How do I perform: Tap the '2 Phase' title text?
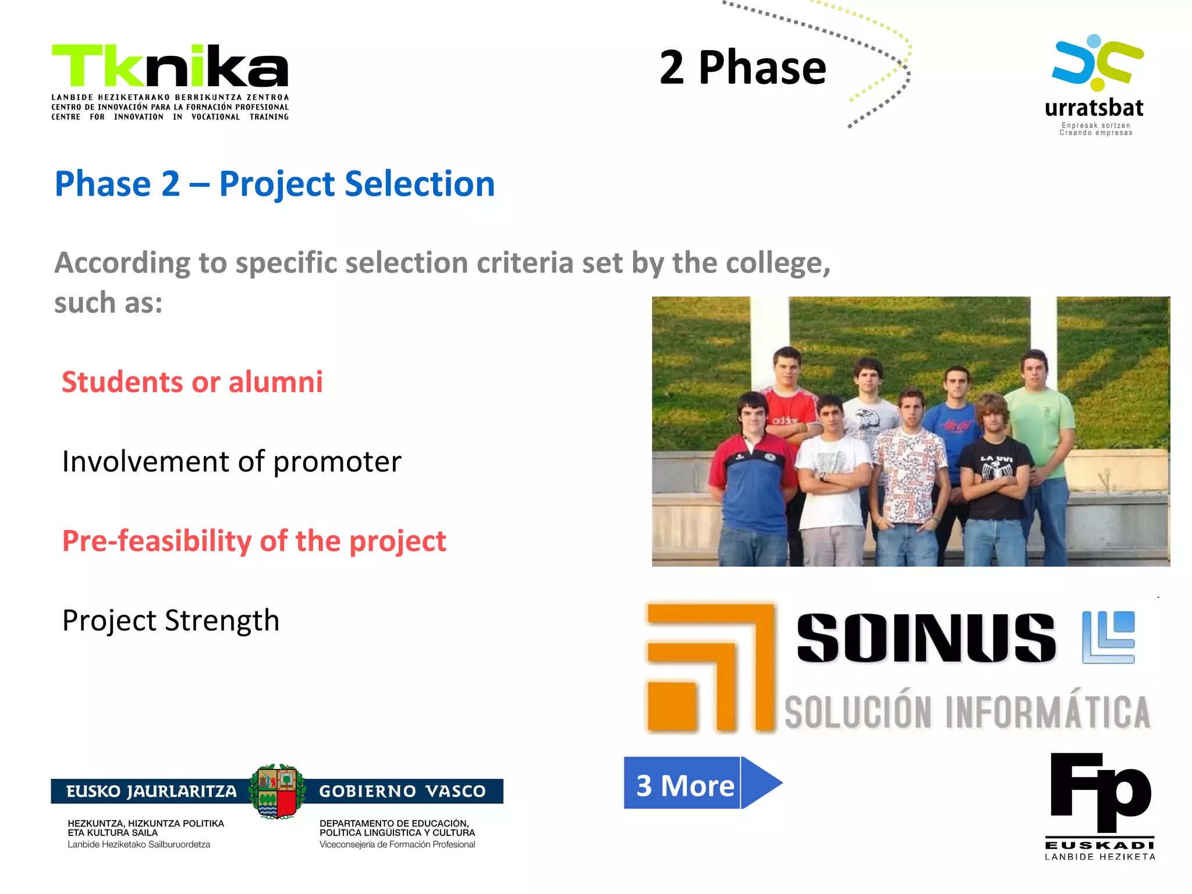[743, 68]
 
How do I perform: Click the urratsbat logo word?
[1094, 108]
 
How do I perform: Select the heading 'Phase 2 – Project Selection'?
[274, 184]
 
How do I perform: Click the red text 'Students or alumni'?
[192, 382]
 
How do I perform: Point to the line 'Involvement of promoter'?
[232, 462]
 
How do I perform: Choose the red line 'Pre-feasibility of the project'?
[254, 541]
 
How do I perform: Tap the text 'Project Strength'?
[171, 620]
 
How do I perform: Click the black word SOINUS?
[925, 638]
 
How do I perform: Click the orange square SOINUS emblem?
[710, 667]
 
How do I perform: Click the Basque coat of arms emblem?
[278, 791]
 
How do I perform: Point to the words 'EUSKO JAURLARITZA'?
[151, 792]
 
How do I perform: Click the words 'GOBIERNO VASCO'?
[402, 792]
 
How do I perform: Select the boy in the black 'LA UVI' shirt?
[994, 471]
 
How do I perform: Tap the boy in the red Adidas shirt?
[789, 407]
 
